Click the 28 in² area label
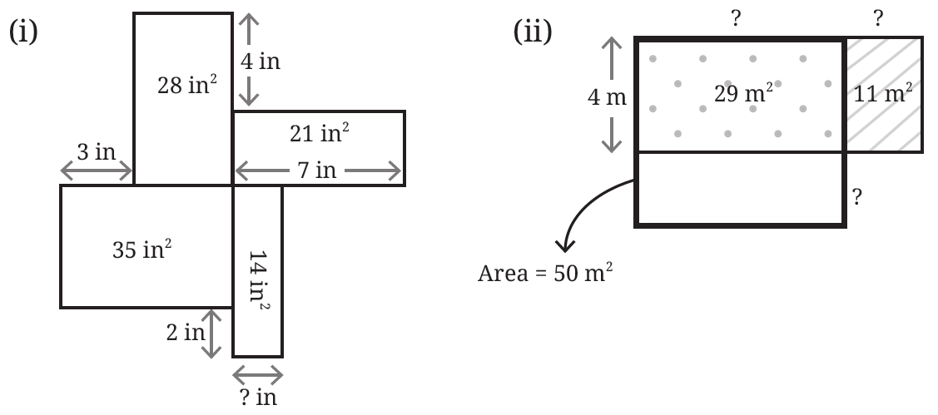186,85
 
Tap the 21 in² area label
320,133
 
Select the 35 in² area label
142,249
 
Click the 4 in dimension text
261,61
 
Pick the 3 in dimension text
97,152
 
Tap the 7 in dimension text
317,171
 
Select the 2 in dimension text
186,333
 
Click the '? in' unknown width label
258,397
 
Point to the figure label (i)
23,32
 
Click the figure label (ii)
533,32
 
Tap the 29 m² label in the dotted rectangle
743,93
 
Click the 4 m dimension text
608,96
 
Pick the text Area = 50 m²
545,274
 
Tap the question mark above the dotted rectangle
736,19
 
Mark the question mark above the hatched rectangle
877,19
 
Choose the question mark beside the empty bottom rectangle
856,197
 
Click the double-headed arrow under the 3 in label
97,172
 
